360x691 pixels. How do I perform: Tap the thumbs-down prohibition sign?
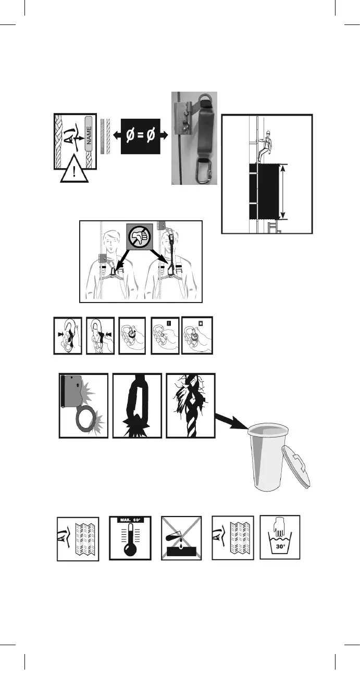[141, 237]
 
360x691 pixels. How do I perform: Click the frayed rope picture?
[190, 405]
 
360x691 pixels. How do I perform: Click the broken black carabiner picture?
[136, 405]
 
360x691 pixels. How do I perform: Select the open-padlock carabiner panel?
[197, 335]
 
